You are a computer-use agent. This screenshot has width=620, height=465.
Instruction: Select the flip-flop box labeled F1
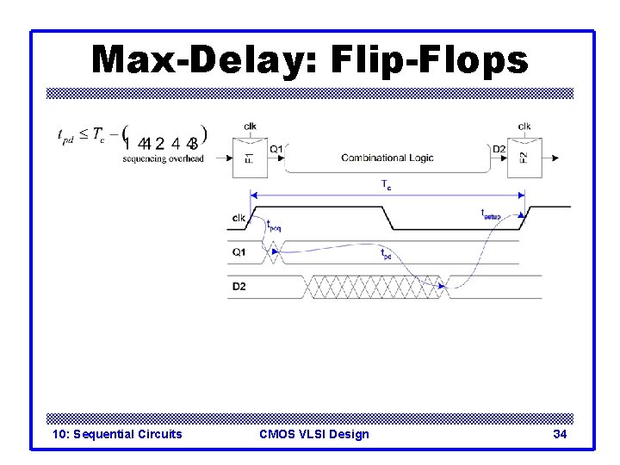pos(249,158)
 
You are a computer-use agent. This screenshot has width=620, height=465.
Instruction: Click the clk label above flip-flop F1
pos(250,127)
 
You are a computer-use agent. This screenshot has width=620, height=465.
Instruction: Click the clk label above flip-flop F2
pos(524,127)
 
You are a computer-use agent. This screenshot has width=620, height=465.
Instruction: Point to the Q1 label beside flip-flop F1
pos(276,149)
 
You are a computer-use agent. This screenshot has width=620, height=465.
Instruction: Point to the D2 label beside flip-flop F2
pos(499,149)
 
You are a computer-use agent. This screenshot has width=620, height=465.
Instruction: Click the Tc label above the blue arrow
pos(386,185)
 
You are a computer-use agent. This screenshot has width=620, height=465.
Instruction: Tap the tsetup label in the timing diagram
pos(490,214)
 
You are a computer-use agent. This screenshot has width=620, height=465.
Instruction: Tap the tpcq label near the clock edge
pos(273,226)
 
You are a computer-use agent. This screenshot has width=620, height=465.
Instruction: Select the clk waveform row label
pos(239,218)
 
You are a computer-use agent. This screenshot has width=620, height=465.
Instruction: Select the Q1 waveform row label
pos(239,252)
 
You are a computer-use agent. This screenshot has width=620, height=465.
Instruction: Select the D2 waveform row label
pos(239,286)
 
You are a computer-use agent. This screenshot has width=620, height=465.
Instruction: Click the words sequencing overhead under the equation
pos(164,158)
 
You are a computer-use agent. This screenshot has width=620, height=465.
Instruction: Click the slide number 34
pos(560,434)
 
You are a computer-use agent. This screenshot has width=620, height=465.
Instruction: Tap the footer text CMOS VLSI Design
pos(313,434)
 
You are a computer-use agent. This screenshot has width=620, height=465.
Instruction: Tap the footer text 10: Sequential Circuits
pos(117,434)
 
